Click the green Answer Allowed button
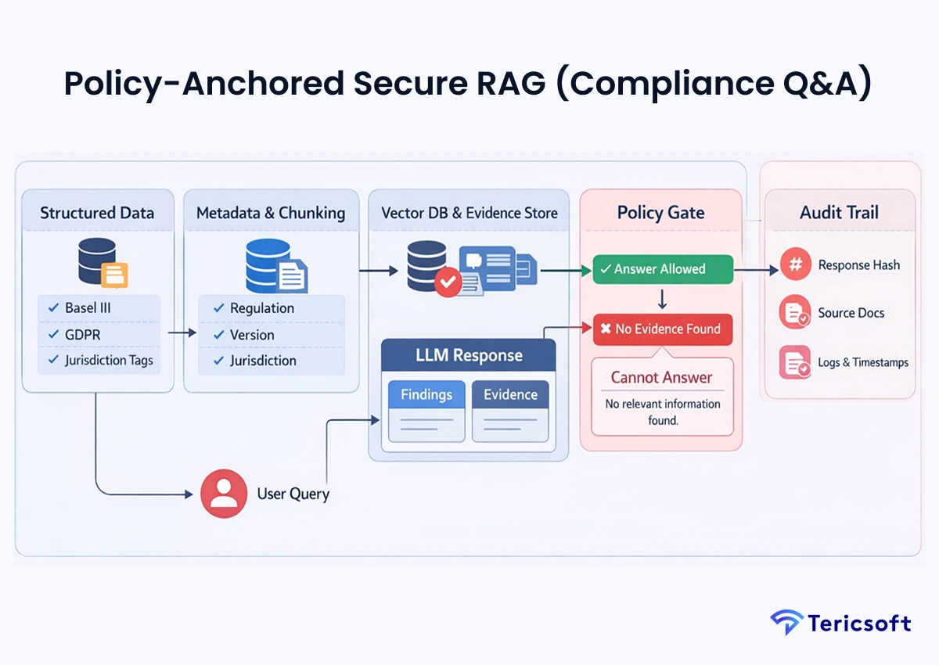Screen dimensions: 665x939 point(662,269)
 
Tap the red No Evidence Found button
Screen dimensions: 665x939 point(662,329)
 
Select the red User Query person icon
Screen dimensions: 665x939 point(224,494)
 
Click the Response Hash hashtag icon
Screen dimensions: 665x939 point(795,265)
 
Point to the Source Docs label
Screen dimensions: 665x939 point(851,313)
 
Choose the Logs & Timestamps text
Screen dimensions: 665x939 point(863,362)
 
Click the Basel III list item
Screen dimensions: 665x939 point(88,308)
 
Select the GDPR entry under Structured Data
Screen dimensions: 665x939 point(82,335)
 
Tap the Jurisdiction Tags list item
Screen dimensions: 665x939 point(109,361)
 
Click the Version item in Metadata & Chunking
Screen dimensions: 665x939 point(252,335)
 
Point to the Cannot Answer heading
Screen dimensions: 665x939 point(661,377)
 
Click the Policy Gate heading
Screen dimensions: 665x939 point(660,213)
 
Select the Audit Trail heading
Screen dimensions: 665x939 point(839,213)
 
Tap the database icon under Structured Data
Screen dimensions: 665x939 point(98,261)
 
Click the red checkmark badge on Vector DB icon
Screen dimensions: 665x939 point(448,282)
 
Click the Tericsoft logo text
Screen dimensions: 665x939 point(860,624)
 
